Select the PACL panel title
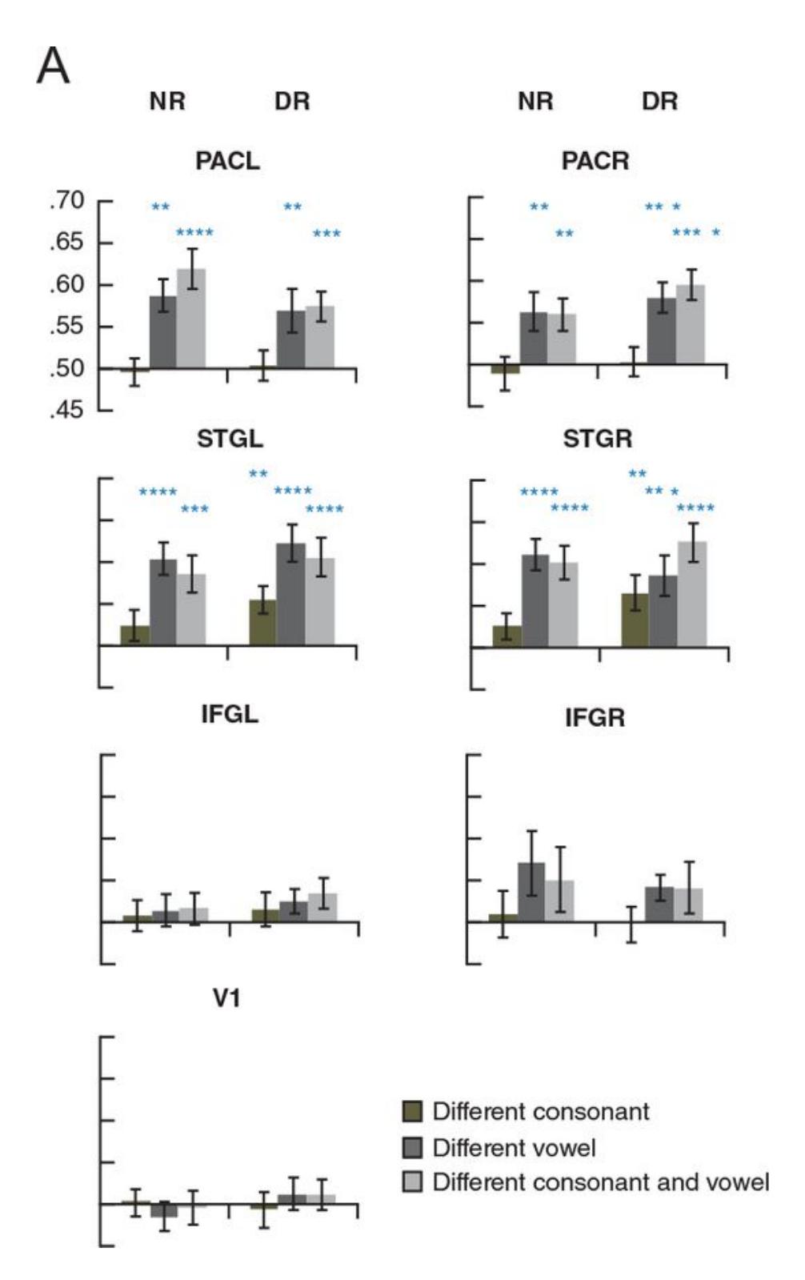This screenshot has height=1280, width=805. [x=227, y=161]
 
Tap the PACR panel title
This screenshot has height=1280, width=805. [x=595, y=161]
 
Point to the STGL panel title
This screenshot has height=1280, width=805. [x=230, y=439]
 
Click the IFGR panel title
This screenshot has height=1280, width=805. [x=595, y=718]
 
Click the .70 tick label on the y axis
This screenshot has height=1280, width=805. [x=68, y=201]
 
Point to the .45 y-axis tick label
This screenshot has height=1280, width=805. [x=68, y=411]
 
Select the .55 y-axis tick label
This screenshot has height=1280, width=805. [x=68, y=327]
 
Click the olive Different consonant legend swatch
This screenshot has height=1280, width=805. [x=412, y=1111]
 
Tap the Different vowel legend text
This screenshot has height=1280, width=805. [x=514, y=1148]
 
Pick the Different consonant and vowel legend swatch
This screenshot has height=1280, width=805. [x=412, y=1182]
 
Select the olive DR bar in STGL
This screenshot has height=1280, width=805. [x=262, y=622]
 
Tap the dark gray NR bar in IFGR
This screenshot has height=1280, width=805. [x=531, y=892]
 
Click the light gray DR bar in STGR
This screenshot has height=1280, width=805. [x=692, y=593]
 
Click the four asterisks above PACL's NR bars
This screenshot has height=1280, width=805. [x=194, y=234]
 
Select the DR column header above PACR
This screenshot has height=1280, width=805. [x=659, y=102]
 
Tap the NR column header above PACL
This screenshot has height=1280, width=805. [x=167, y=102]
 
